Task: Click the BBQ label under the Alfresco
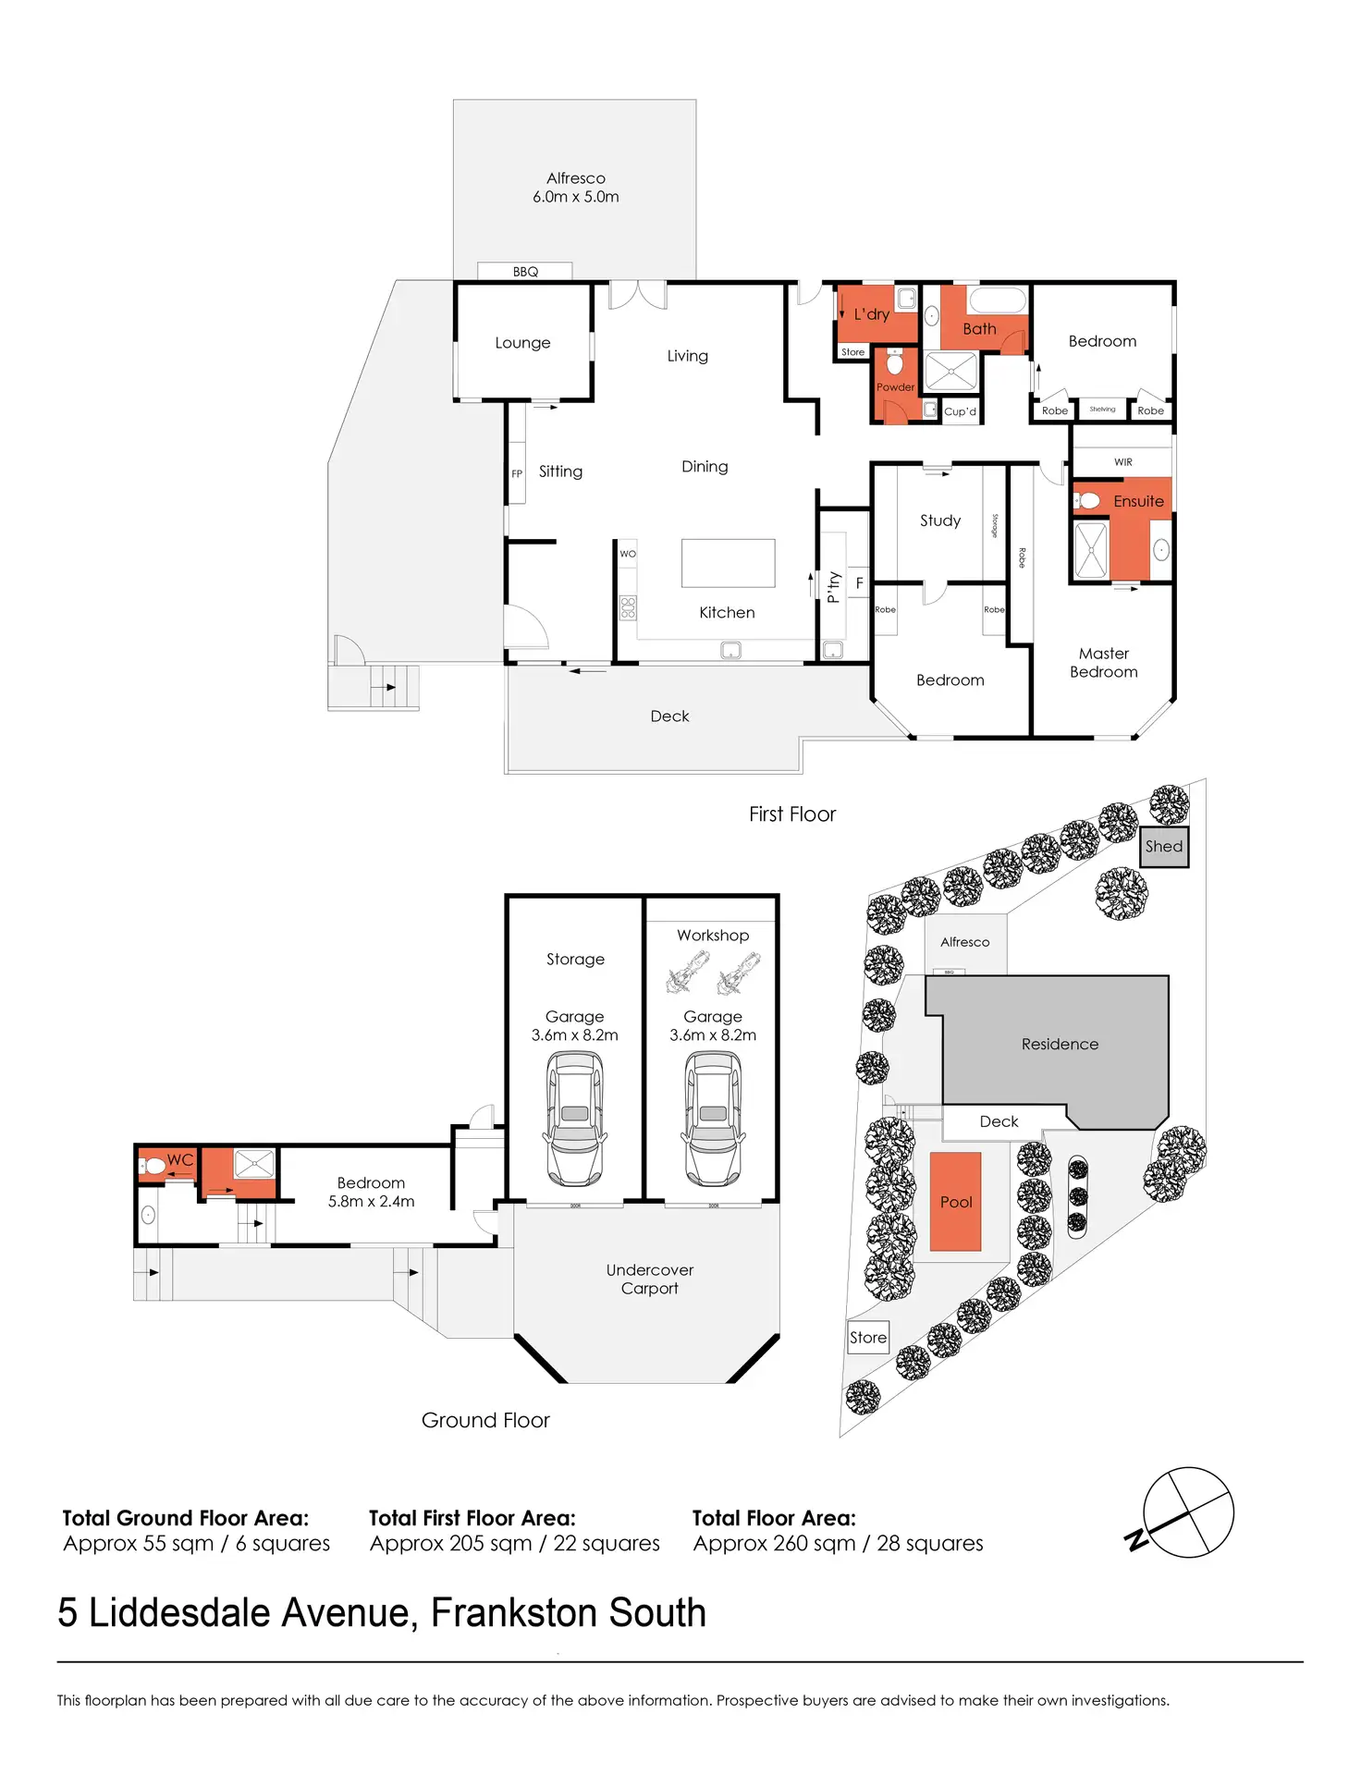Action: pyautogui.click(x=525, y=272)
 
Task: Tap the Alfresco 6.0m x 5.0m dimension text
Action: pyautogui.click(x=575, y=197)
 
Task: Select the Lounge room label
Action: pyautogui.click(x=522, y=343)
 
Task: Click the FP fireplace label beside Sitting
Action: pyautogui.click(x=517, y=474)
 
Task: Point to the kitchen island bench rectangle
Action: pyautogui.click(x=728, y=563)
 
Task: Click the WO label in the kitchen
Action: pyautogui.click(x=628, y=554)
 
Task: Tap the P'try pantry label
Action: pyautogui.click(x=833, y=586)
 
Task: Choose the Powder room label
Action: pyautogui.click(x=895, y=387)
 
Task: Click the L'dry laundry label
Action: pyautogui.click(x=871, y=314)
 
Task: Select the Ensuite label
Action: pyautogui.click(x=1138, y=501)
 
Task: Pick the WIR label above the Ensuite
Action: pyautogui.click(x=1122, y=462)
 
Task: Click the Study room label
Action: pyautogui.click(x=940, y=520)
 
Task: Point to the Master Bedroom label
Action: pyautogui.click(x=1103, y=663)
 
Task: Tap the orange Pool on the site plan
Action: pyautogui.click(x=955, y=1202)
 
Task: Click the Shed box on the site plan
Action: pyautogui.click(x=1163, y=847)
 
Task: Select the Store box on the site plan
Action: pyautogui.click(x=868, y=1338)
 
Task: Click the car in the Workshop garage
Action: pyautogui.click(x=713, y=1119)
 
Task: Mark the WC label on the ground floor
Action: pyautogui.click(x=180, y=1160)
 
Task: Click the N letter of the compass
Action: pyautogui.click(x=1136, y=1540)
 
